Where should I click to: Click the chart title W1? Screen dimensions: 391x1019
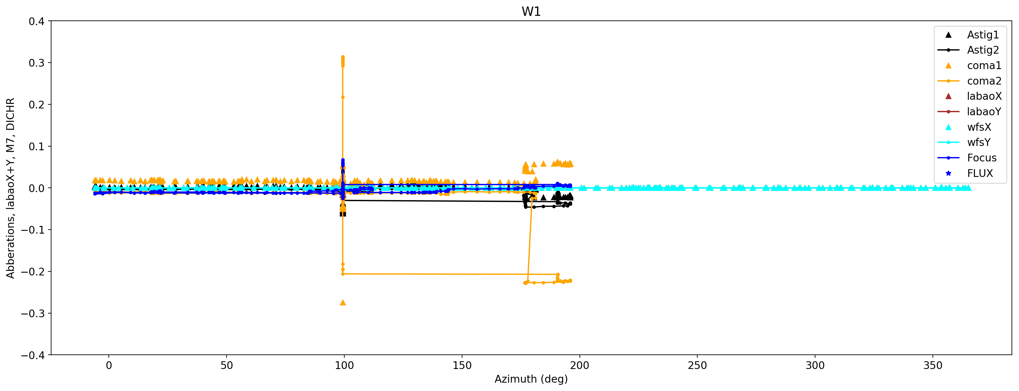(x=531, y=11)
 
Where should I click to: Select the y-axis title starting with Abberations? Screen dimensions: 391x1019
(x=10, y=188)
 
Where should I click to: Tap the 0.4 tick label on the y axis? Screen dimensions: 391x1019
(x=36, y=21)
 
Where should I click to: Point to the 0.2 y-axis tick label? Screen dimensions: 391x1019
(x=36, y=105)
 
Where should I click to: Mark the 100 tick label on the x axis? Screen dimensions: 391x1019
(x=344, y=366)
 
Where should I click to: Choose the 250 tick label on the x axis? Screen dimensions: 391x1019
(x=697, y=366)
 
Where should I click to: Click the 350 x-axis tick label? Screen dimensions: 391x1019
(x=933, y=366)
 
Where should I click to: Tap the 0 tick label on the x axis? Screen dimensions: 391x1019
(x=109, y=366)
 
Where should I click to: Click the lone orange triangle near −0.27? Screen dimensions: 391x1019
(x=343, y=302)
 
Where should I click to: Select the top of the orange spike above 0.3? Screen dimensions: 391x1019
(x=342, y=57)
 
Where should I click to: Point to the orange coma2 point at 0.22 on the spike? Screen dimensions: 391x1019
(x=342, y=97)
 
